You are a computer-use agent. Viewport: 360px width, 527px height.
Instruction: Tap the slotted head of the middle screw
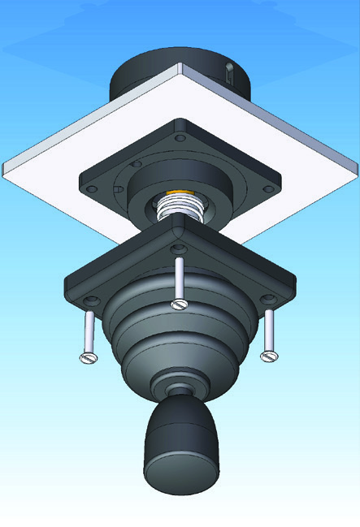[x=180, y=305]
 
